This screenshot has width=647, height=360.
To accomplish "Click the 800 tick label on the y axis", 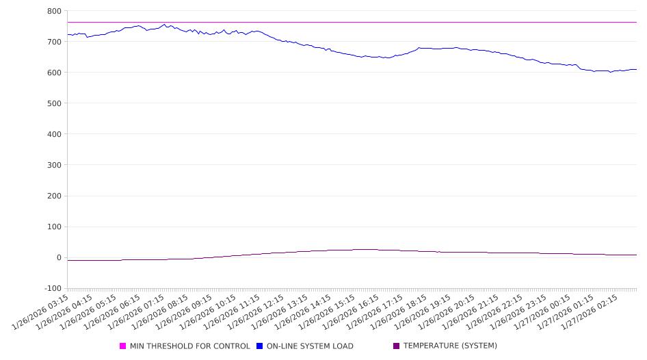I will click(x=53, y=11).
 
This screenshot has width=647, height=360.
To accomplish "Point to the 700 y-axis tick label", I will click(x=53, y=42).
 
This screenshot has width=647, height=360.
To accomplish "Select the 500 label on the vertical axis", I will click(x=53, y=103).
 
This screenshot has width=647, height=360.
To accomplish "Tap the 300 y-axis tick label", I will click(x=53, y=165).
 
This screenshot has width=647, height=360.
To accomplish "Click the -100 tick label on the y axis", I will click(x=51, y=289).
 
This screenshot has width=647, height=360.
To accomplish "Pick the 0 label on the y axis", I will click(x=58, y=258).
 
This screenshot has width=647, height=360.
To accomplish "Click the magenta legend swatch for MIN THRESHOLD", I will click(x=123, y=346).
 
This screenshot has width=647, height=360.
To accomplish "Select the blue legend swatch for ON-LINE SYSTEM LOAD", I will click(x=260, y=346).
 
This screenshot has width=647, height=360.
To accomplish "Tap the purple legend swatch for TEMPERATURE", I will click(x=397, y=346).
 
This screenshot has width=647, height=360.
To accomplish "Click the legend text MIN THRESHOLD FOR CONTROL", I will click(x=189, y=346).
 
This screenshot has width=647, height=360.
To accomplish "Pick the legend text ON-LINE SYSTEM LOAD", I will click(x=310, y=346).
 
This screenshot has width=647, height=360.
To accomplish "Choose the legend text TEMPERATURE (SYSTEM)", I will click(x=450, y=346).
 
